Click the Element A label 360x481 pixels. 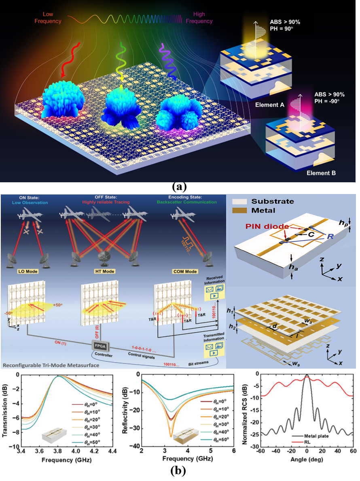click(x=272, y=104)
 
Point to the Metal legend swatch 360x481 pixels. click(x=242, y=211)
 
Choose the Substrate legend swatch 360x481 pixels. click(x=242, y=201)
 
